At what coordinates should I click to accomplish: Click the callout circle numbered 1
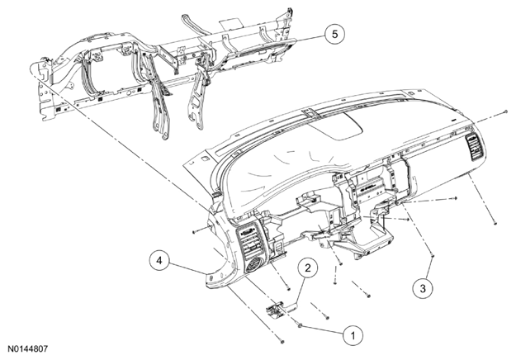(353, 336)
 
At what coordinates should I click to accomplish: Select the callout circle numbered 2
(308, 268)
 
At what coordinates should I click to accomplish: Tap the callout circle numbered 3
(423, 288)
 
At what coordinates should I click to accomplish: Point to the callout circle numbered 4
(159, 261)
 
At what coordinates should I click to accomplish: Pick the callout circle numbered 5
(335, 34)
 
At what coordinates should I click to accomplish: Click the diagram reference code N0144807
(28, 348)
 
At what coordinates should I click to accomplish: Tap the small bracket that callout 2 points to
(276, 310)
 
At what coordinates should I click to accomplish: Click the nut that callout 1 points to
(300, 325)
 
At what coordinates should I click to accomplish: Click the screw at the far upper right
(506, 112)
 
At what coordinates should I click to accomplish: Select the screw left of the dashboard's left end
(194, 232)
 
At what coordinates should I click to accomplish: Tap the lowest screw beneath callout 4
(282, 342)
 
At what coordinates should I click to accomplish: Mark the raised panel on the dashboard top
(336, 126)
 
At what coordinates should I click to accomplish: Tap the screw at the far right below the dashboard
(495, 224)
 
